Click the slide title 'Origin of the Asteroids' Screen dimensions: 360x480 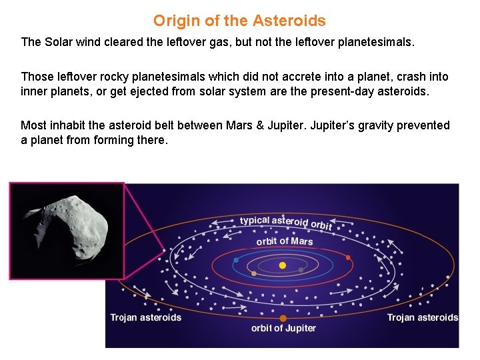(239, 21)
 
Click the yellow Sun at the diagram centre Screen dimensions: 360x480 (283, 265)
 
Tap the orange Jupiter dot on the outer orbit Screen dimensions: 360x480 (283, 318)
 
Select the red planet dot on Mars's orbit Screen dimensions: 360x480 (348, 257)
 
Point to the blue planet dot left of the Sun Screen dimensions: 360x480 (236, 260)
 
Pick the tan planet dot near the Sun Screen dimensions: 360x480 (253, 273)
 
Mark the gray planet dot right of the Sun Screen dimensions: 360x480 (301, 270)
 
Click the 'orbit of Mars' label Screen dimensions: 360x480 (284, 241)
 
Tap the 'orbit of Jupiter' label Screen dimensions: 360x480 (283, 328)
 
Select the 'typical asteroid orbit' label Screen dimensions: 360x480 (285, 222)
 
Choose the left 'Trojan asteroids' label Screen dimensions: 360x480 (145, 317)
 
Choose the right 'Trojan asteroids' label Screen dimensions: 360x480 (422, 317)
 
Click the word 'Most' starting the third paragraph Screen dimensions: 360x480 (33, 125)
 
